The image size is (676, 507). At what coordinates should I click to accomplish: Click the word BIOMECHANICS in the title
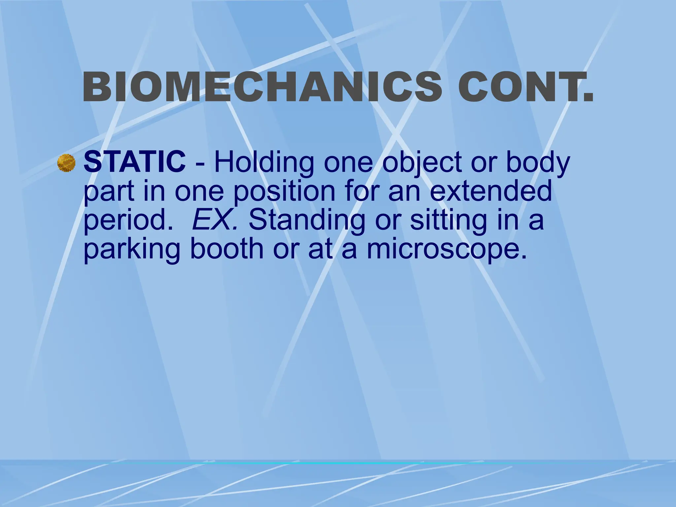point(262,87)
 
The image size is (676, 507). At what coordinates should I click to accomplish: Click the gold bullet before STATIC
point(66,163)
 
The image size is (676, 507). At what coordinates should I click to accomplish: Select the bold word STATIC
point(134,162)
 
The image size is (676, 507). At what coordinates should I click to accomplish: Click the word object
point(423,163)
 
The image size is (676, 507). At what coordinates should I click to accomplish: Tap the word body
point(538,163)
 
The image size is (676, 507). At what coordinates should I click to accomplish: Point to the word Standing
point(307,220)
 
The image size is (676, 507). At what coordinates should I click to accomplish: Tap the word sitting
point(448,220)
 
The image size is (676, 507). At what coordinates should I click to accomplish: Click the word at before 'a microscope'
point(320,249)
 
